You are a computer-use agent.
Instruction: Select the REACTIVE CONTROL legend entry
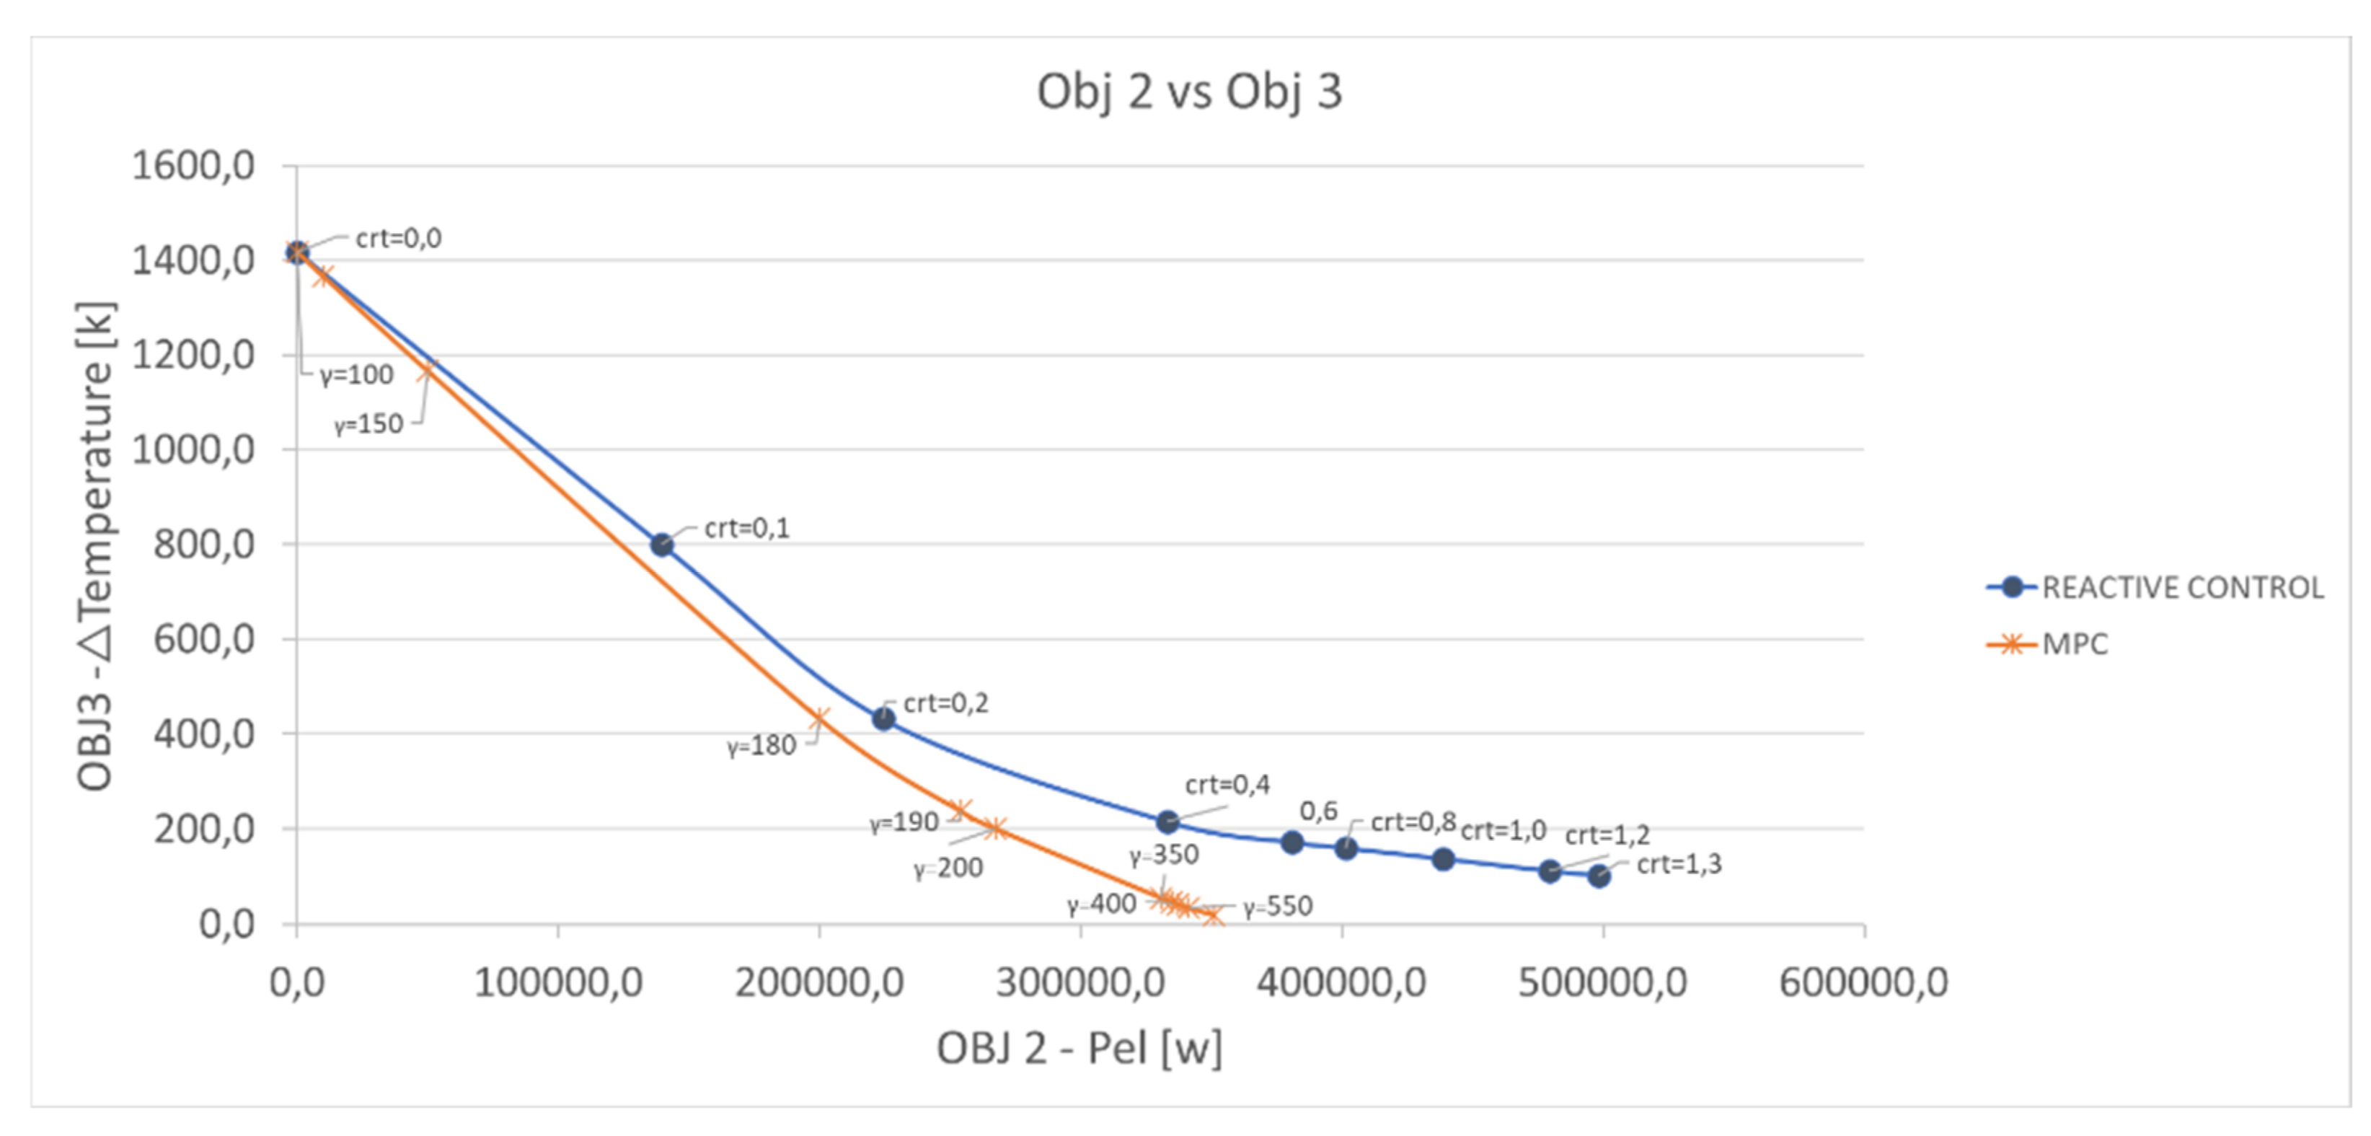coord(2181,587)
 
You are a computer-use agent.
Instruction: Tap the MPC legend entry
coord(2074,643)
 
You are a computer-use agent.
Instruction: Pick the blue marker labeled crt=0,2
coord(883,718)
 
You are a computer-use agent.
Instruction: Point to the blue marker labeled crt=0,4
coord(1167,820)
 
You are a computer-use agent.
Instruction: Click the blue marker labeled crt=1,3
coord(1599,876)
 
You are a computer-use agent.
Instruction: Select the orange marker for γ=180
coord(819,717)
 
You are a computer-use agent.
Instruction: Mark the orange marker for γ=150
coord(426,370)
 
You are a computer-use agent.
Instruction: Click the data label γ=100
coord(356,374)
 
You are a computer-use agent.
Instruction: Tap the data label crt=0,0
coord(399,239)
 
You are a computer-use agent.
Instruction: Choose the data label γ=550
coord(1278,906)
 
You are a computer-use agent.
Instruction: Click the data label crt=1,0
coord(1503,830)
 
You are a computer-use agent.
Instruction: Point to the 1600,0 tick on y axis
coord(193,167)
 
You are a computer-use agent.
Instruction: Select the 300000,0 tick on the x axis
coord(1080,983)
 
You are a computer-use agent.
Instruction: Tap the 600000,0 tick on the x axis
coord(1864,983)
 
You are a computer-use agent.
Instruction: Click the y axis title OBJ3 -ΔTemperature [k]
coord(96,546)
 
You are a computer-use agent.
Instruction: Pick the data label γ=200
coord(948,867)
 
